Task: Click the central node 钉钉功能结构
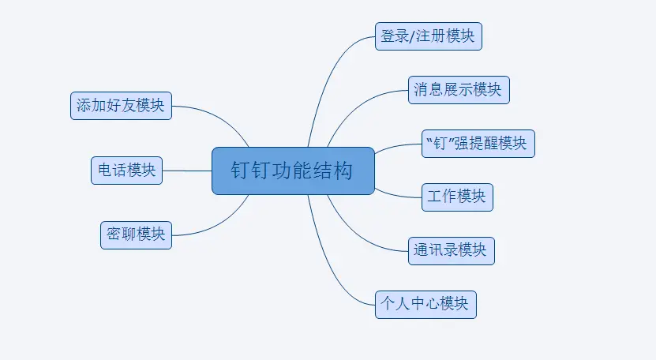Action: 293,171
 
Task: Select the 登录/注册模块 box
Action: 428,36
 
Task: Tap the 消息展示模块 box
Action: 459,89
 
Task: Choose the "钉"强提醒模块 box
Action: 479,144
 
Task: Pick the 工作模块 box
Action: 457,197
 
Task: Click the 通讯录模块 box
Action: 452,250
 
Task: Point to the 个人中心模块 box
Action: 425,303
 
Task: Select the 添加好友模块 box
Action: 121,105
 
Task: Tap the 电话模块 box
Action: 126,170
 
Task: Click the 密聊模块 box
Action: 136,234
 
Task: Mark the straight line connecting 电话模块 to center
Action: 187,170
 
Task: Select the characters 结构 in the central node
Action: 335,171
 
